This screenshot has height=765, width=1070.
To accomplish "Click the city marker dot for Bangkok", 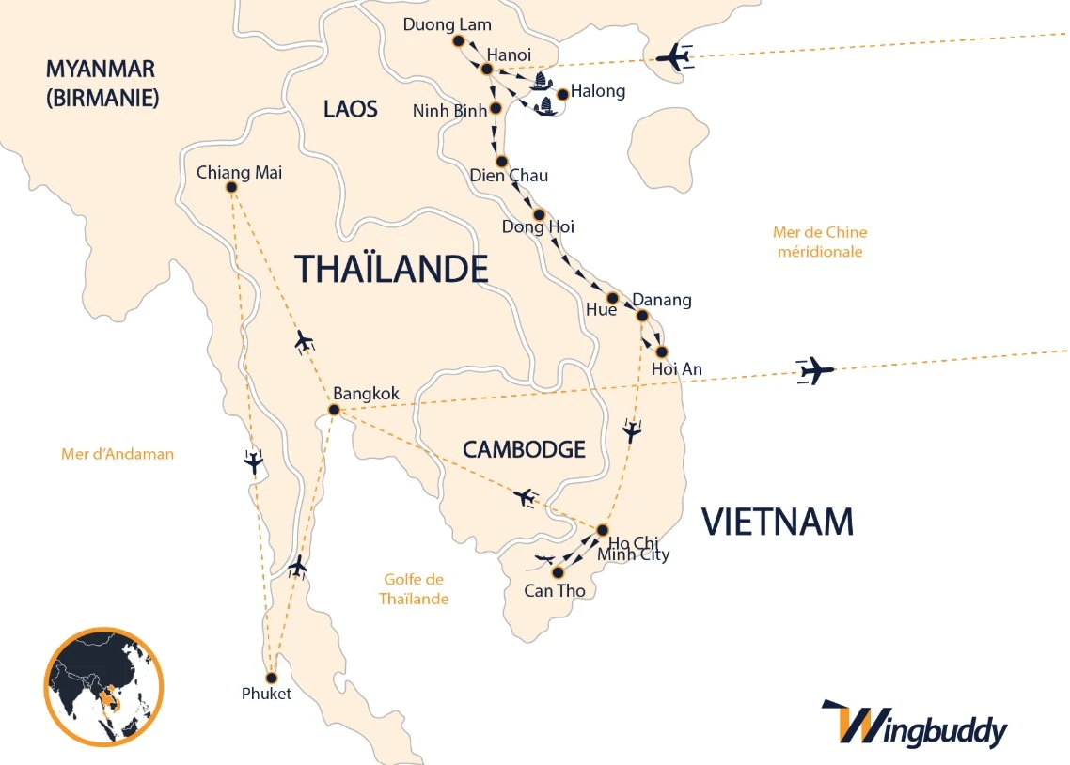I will tap(333, 409).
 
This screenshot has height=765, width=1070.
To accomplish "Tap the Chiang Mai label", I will tap(239, 172).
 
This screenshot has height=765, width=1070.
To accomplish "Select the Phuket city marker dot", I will tap(272, 678).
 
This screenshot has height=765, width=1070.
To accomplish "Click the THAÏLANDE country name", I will tap(391, 269).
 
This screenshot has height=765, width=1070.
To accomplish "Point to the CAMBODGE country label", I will tap(524, 449).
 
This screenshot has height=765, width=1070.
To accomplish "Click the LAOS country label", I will tap(350, 109).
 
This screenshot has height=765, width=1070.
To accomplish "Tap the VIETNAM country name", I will tap(778, 521).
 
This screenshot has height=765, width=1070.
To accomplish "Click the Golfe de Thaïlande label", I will tap(414, 589).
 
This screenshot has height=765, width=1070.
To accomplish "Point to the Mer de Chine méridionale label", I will tap(819, 242).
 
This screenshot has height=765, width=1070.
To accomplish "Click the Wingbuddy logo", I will tap(913, 726).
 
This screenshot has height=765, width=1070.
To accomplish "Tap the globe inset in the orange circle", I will tap(103, 686).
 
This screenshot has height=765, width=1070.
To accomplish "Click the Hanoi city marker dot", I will tap(487, 69).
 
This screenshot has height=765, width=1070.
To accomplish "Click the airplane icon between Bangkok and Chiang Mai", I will tap(303, 341).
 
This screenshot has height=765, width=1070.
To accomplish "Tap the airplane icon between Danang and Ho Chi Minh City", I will tap(632, 431).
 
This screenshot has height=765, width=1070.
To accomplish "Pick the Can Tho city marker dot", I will tap(558, 571).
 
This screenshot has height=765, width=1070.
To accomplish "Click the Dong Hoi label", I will tap(538, 226).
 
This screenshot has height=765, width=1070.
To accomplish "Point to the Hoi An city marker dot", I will tap(661, 351).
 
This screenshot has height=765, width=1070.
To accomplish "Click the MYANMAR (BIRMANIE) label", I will tap(101, 83).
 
